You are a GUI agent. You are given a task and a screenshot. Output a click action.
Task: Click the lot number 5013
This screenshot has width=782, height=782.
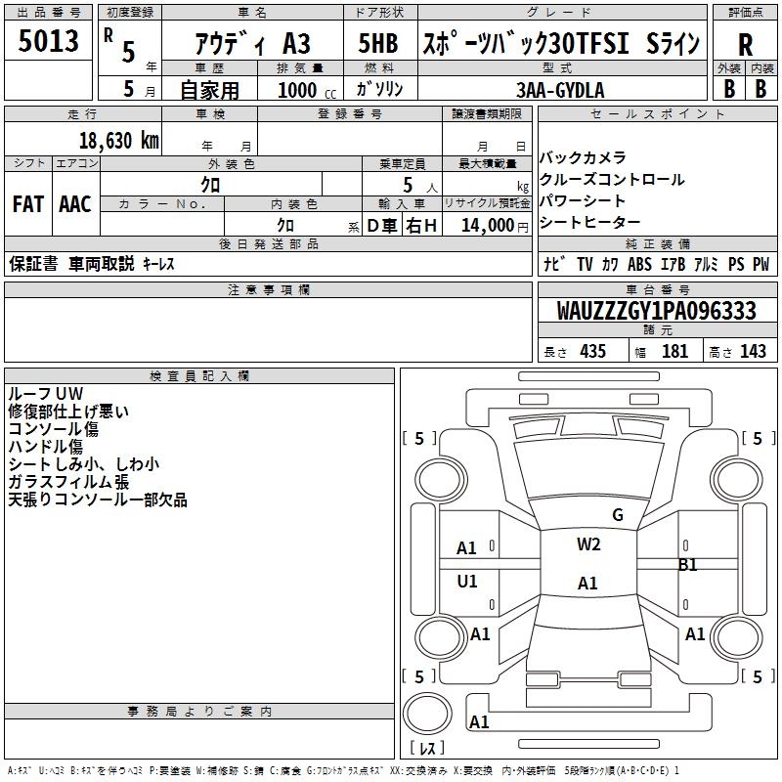point(48,42)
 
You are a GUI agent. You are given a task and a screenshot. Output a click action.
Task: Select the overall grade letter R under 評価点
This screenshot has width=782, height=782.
point(745,45)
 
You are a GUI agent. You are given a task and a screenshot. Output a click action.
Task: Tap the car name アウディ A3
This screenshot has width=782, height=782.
point(251,45)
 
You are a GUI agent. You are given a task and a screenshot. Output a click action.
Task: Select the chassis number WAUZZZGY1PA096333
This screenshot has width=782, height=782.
point(656,311)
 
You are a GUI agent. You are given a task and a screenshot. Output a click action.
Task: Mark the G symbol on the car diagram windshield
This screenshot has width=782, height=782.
point(617,515)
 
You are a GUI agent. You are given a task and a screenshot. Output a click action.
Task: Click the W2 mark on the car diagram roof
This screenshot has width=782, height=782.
point(588,544)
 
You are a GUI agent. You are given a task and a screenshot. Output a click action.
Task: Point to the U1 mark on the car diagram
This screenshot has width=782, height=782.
point(467,582)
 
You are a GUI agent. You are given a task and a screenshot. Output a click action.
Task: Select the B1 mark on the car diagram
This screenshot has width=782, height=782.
point(688,564)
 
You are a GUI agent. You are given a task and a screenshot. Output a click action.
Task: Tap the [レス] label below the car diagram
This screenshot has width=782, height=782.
point(426,748)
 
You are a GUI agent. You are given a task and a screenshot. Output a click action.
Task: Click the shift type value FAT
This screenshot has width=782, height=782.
point(27,204)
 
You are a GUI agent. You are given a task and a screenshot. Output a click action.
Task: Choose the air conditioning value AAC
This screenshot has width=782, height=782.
point(74,204)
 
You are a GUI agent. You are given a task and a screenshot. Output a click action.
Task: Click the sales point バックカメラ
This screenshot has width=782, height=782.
point(583,157)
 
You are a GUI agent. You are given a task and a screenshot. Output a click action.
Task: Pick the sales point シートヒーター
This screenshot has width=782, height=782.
point(590,224)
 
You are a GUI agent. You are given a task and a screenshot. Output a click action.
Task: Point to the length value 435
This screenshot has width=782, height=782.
point(591,352)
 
